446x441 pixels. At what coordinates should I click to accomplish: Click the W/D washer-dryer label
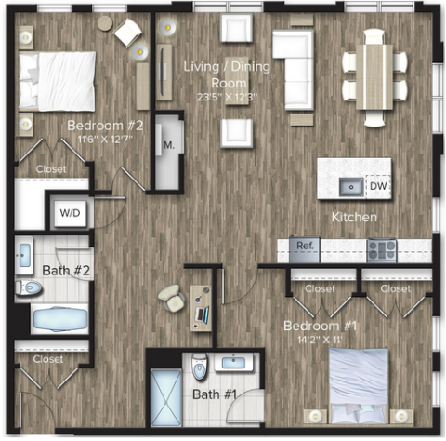(x=70, y=213)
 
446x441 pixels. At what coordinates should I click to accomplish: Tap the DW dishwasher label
(x=378, y=186)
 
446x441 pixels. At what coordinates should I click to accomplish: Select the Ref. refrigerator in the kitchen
(x=305, y=250)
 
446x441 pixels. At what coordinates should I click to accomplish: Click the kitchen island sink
(x=351, y=187)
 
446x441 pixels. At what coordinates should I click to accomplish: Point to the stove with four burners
(x=382, y=250)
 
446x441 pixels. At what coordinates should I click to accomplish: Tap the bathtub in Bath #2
(x=60, y=319)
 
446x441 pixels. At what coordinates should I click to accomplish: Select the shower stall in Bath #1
(x=166, y=397)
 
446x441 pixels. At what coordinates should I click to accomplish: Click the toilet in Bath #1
(x=199, y=367)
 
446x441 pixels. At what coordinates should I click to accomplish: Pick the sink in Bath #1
(x=234, y=362)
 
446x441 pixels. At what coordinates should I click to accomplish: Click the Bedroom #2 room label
(x=105, y=126)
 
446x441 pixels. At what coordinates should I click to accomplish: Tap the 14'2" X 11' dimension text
(x=320, y=340)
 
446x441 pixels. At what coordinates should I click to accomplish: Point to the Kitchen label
(x=354, y=217)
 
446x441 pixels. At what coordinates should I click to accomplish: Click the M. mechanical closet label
(x=169, y=145)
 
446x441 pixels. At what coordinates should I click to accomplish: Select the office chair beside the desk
(x=172, y=298)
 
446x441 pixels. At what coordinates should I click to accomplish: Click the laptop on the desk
(x=203, y=314)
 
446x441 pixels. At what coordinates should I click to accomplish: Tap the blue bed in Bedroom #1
(x=359, y=386)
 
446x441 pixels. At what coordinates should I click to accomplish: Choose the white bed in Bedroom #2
(x=57, y=81)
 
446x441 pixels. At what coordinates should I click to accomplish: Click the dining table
(x=374, y=77)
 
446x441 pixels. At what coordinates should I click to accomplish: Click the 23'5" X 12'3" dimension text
(x=227, y=97)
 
